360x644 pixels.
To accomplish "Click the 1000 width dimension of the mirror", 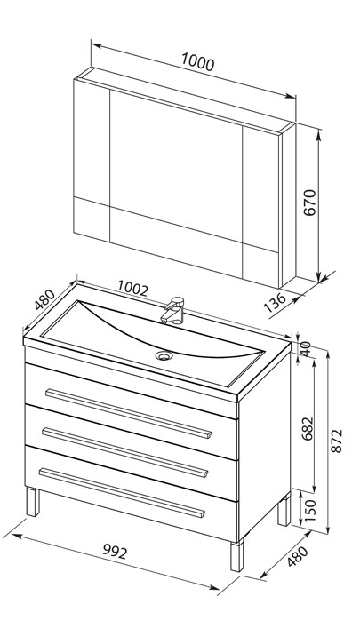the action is click(x=197, y=62).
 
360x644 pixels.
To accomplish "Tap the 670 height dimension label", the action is click(x=310, y=202).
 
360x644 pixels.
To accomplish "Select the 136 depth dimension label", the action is click(x=274, y=302).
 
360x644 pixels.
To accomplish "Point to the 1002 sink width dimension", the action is click(x=132, y=288).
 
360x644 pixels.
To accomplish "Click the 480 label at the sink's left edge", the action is click(x=44, y=299).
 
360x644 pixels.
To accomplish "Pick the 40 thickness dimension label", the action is click(x=306, y=349).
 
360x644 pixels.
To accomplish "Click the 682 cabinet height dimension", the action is click(x=308, y=429).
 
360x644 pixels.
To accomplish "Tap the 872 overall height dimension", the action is click(x=337, y=441).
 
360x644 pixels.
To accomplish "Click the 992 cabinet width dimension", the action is click(x=115, y=552).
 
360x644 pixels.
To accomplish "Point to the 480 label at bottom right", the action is click(x=297, y=557).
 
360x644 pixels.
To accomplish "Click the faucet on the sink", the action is click(x=173, y=311).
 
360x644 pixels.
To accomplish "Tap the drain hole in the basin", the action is click(x=164, y=355).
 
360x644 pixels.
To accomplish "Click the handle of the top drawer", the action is click(x=128, y=413).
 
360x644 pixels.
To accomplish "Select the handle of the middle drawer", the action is click(x=125, y=453).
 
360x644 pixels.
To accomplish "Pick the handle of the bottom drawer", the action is click(x=122, y=492).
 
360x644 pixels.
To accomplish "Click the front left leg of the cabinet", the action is click(x=33, y=502).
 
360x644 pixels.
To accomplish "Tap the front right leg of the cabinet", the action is click(x=237, y=555).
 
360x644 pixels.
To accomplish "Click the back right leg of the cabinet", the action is click(x=284, y=510).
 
